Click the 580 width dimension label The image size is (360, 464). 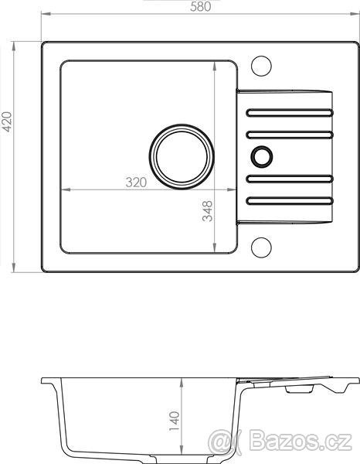[201, 6]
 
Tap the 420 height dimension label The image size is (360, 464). [7, 121]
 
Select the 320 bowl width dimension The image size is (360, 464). [136, 183]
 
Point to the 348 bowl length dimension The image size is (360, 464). [207, 211]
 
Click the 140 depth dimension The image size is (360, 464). [175, 421]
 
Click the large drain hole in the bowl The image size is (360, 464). [182, 156]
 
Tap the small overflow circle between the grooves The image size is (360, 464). [262, 156]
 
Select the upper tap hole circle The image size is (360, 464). [261, 66]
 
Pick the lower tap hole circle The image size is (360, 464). [261, 247]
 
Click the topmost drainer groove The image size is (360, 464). [290, 113]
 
